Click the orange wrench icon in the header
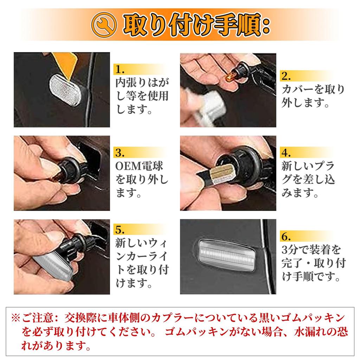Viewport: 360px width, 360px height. (x=104, y=25)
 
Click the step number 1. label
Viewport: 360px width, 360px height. (x=120, y=69)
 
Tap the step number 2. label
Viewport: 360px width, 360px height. (x=286, y=76)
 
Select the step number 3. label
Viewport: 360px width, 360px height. (x=120, y=153)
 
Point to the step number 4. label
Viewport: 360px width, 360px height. (x=286, y=153)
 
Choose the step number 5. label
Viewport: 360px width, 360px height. (x=120, y=230)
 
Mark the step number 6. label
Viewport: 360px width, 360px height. (x=286, y=237)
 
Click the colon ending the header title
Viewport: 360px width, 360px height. (x=265, y=26)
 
